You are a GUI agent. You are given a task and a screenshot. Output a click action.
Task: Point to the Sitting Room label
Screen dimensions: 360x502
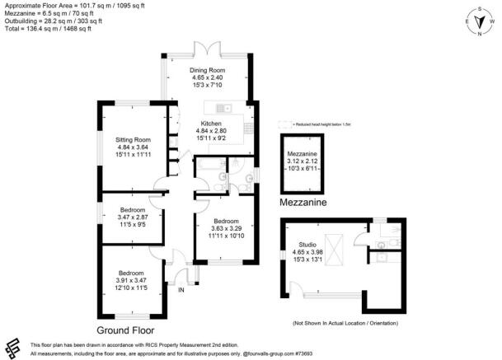coord(132,140)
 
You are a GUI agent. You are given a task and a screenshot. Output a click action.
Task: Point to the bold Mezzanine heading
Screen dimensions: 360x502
coord(302,201)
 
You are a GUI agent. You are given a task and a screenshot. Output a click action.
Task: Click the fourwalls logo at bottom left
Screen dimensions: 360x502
coord(12,347)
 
